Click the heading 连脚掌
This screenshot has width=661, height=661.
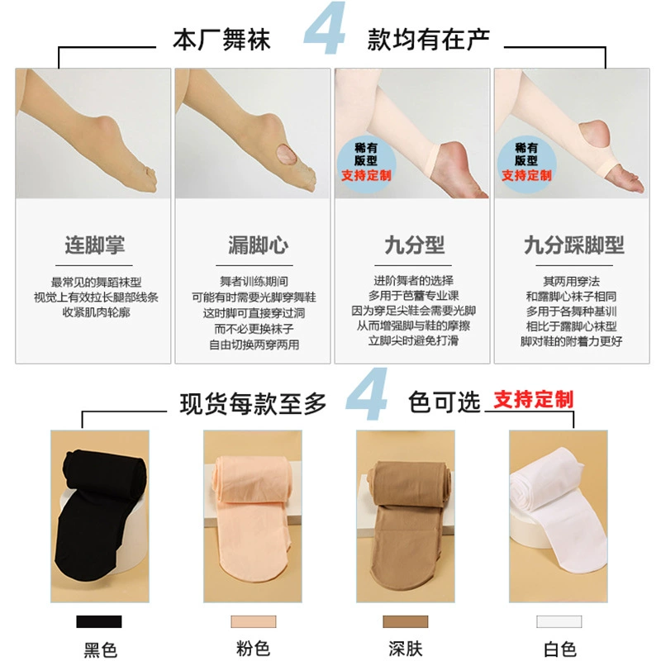94,245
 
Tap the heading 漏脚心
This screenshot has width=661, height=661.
259,245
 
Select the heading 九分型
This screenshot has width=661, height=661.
415,245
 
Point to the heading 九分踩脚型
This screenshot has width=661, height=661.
573,245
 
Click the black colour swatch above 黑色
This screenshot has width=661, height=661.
99,621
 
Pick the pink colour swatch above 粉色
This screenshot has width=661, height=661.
254,621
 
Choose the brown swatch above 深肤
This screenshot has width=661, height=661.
405,621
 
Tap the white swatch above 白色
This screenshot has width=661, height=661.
559,621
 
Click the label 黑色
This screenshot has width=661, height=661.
100,649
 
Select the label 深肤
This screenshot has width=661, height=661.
406,649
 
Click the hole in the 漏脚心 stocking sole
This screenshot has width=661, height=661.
287,155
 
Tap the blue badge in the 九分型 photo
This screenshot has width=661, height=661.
366,163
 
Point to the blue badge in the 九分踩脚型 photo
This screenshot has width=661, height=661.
526,163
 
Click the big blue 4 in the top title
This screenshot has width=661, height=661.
325,29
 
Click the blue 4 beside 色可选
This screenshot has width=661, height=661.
366,394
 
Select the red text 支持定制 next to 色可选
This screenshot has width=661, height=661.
533,400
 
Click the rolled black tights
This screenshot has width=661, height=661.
101,515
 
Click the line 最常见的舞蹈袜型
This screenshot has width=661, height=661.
96,282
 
